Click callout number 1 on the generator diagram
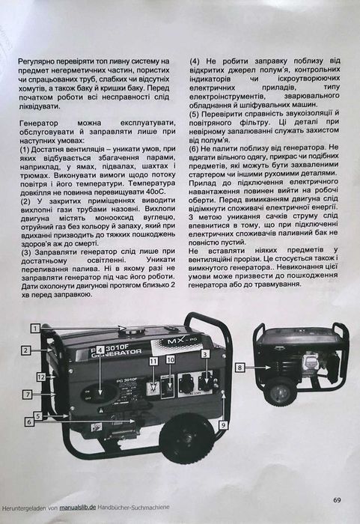coord(35,328)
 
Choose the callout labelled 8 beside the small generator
coord(240,368)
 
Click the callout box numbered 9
coord(222,424)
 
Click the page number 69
coord(338,500)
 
